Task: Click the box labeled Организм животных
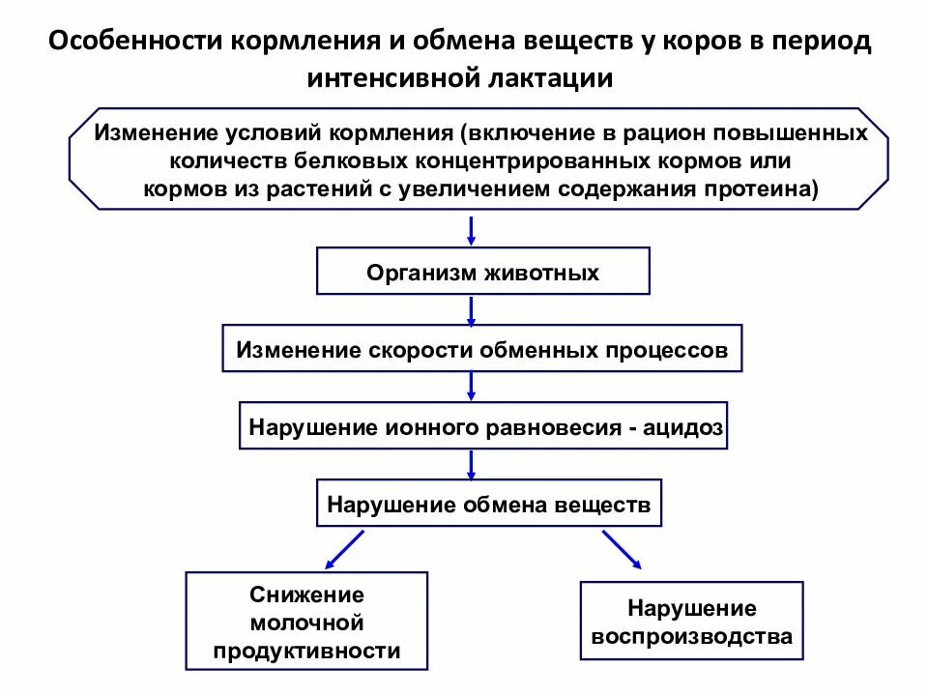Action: coord(483,272)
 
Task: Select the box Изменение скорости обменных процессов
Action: coord(482,349)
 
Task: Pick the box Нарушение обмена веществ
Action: coord(489,504)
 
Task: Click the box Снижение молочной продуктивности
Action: coord(306,622)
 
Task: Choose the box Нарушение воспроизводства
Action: coord(691,622)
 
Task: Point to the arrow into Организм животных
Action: coord(471,231)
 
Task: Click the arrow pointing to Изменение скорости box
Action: coord(471,309)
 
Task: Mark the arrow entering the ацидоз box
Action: coord(471,386)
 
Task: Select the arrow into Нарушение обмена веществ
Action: coord(471,464)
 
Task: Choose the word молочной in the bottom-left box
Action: coord(306,622)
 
